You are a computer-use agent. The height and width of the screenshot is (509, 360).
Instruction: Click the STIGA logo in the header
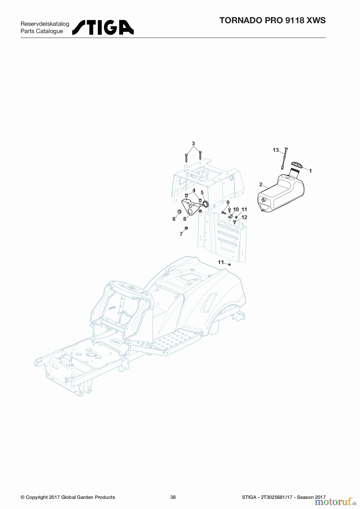[x=103, y=27]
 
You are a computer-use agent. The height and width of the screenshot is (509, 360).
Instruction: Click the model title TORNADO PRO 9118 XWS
[x=273, y=20]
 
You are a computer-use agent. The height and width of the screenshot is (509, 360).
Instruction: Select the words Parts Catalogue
[x=42, y=31]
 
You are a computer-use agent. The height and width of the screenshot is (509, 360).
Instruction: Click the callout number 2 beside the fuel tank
[x=261, y=185]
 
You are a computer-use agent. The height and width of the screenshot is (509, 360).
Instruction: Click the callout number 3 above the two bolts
[x=193, y=144]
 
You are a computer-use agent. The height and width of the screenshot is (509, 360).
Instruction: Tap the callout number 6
[x=174, y=219]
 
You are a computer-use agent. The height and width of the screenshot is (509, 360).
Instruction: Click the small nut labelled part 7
[x=186, y=228]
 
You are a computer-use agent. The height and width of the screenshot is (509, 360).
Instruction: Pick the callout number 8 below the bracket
[x=185, y=219]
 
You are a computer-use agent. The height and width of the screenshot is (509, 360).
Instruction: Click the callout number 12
[x=244, y=217]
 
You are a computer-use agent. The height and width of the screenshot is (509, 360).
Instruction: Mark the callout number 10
[x=236, y=210]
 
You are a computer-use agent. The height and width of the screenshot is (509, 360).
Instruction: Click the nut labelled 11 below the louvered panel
[x=230, y=264]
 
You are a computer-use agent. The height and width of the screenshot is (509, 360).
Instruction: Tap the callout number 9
[x=228, y=202]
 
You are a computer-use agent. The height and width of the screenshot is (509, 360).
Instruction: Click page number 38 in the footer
[x=173, y=497]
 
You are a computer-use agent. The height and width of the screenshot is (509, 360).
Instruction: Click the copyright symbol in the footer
[x=22, y=497]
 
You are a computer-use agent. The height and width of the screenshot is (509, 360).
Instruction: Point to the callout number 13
[x=276, y=150]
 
